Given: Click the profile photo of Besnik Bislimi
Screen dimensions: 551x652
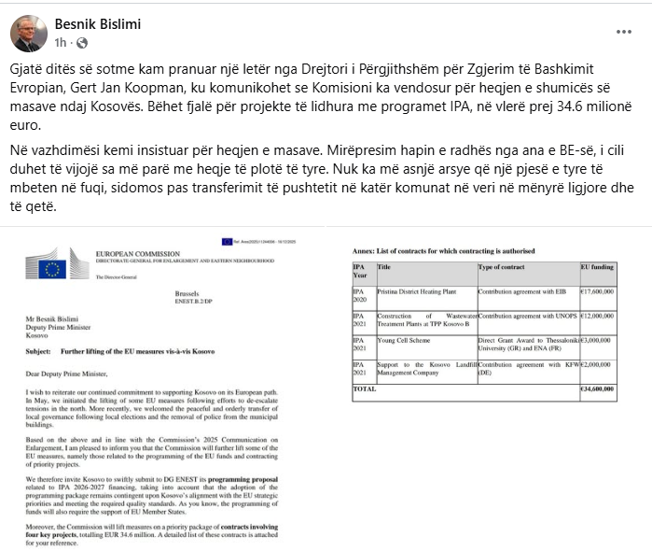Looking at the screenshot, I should [28, 33].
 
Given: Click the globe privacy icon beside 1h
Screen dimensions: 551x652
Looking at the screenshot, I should [81, 43].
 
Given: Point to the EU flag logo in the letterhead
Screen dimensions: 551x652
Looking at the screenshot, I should [51, 269].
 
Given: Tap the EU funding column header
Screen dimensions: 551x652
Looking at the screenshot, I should [597, 267].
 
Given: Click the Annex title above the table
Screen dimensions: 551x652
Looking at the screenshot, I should [443, 250].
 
